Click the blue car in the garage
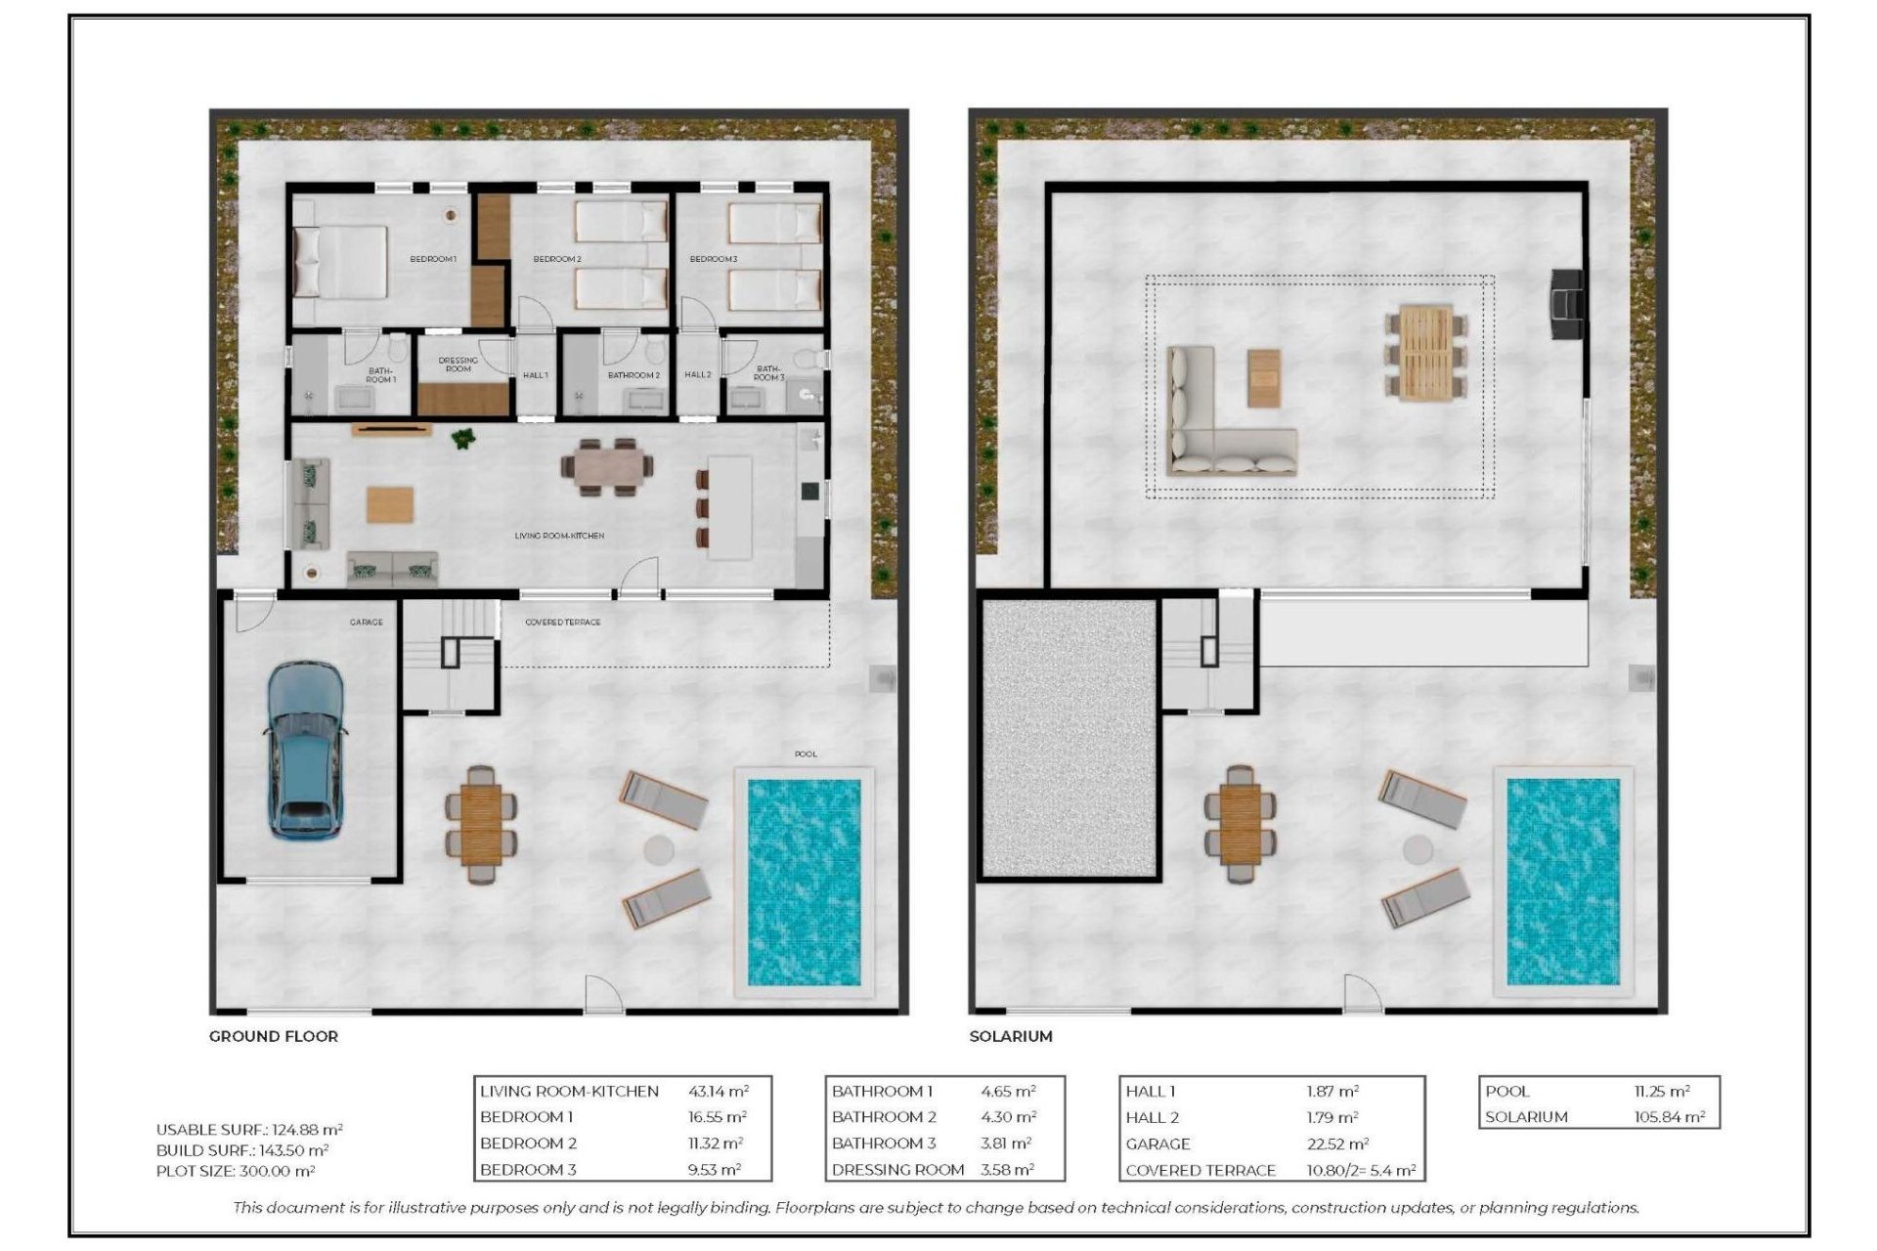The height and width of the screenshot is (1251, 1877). tap(305, 751)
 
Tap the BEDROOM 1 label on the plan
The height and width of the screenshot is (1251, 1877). tap(432, 259)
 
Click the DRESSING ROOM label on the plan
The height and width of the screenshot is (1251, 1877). tap(458, 365)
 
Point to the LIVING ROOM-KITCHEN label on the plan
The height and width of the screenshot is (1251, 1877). tap(559, 536)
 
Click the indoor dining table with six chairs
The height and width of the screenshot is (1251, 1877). tap(606, 467)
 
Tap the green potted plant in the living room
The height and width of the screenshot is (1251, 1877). tap(463, 440)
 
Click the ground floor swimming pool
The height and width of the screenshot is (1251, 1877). tap(804, 882)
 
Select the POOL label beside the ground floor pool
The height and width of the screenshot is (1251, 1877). tap(806, 754)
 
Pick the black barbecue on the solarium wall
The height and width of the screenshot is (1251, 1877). tap(1566, 305)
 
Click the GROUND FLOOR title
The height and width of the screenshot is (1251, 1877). tap(274, 1036)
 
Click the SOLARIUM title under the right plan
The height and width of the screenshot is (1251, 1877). tap(1011, 1036)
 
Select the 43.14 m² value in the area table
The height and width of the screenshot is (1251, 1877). tap(719, 1091)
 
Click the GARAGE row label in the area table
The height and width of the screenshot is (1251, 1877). tap(1157, 1143)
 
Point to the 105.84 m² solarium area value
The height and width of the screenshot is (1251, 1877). tap(1669, 1117)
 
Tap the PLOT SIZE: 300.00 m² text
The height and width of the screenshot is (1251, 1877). tap(236, 1171)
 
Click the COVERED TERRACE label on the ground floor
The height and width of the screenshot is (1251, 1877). tap(563, 622)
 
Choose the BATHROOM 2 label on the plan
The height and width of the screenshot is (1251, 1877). tap(633, 375)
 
